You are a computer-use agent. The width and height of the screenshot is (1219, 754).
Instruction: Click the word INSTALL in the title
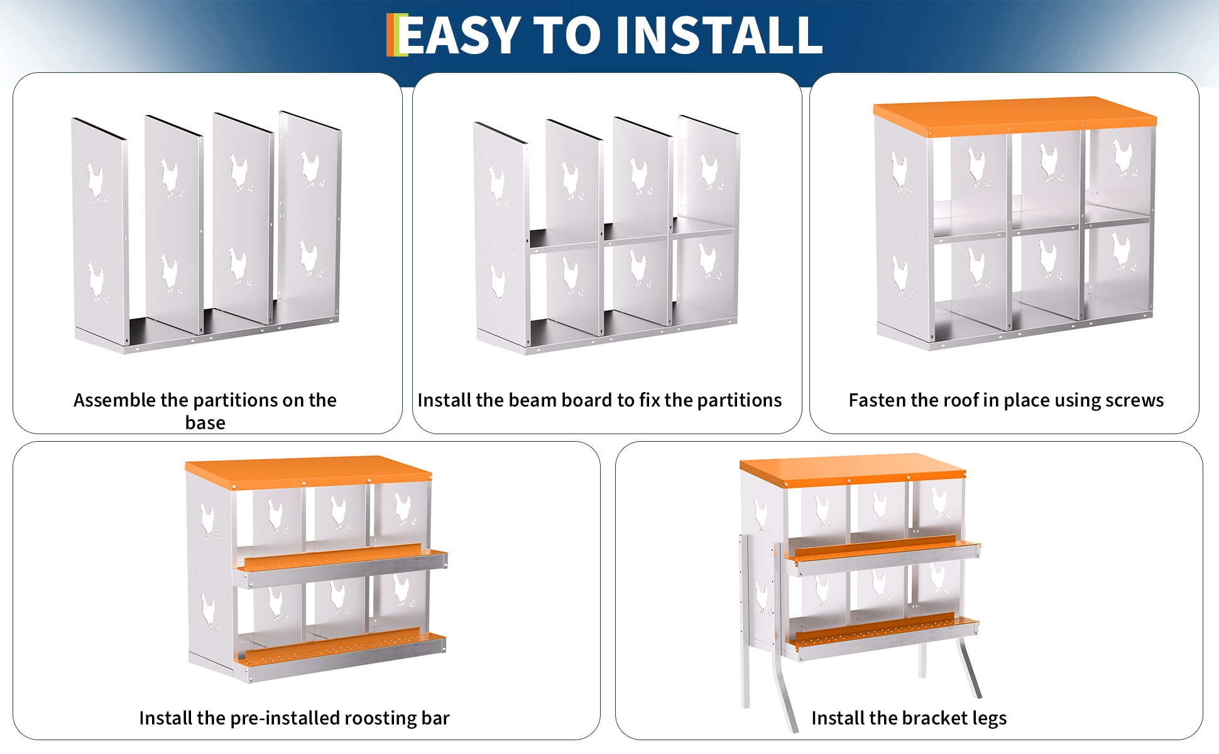[x=719, y=35]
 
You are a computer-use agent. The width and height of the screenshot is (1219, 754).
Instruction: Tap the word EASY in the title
[x=460, y=35]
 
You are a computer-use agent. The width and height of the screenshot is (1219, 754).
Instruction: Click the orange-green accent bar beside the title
[x=397, y=35]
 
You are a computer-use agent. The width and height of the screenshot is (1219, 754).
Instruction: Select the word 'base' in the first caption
[x=205, y=423]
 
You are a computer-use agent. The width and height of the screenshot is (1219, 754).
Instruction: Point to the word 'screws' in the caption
[x=1134, y=401]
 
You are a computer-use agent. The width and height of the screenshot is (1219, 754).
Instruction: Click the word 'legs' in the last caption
[x=990, y=718]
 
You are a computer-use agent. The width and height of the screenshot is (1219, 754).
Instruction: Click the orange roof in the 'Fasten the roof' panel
[x=1015, y=116]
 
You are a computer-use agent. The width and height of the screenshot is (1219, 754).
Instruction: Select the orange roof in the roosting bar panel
[x=309, y=471]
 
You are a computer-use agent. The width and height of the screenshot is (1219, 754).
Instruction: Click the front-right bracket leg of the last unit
[x=969, y=667]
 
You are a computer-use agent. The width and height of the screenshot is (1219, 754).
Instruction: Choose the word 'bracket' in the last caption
[x=933, y=718]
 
